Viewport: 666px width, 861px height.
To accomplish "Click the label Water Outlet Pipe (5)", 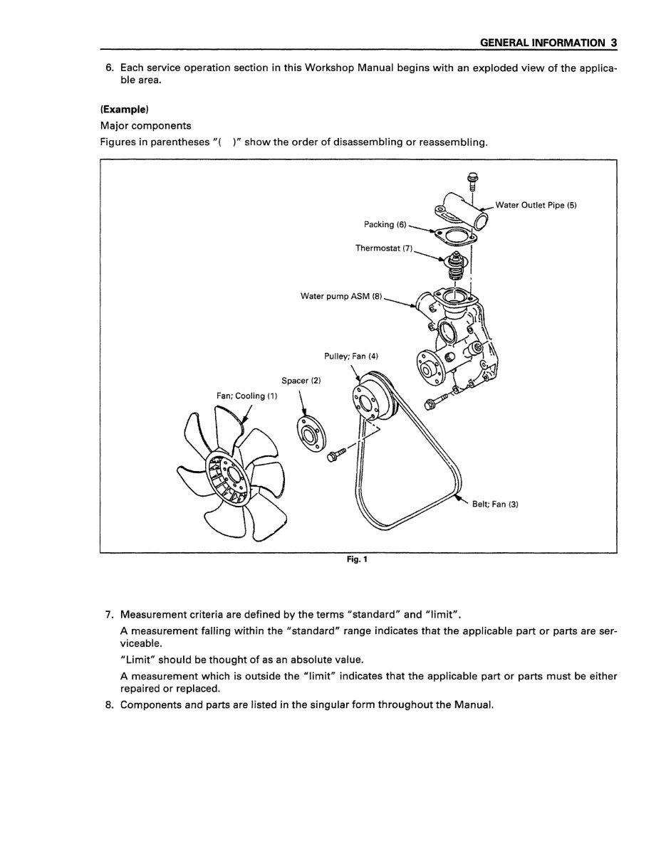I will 536,206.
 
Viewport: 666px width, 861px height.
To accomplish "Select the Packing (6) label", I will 385,225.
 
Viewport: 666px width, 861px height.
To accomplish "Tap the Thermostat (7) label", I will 384,248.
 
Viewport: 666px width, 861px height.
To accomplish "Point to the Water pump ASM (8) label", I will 341,296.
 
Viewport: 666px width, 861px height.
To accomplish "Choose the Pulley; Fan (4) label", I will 351,356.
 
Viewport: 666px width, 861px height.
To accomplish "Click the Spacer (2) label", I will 301,381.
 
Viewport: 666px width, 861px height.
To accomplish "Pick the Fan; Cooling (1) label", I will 247,396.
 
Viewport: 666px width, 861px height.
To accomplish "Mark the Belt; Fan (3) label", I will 495,505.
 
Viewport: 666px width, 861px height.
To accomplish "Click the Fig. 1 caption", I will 357,559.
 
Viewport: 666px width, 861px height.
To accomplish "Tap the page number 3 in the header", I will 613,43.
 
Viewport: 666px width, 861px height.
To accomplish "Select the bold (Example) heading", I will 125,110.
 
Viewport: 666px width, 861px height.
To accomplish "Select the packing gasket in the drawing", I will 452,235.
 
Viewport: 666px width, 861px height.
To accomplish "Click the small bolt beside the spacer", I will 336,454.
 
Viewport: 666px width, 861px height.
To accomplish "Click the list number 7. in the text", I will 110,614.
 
